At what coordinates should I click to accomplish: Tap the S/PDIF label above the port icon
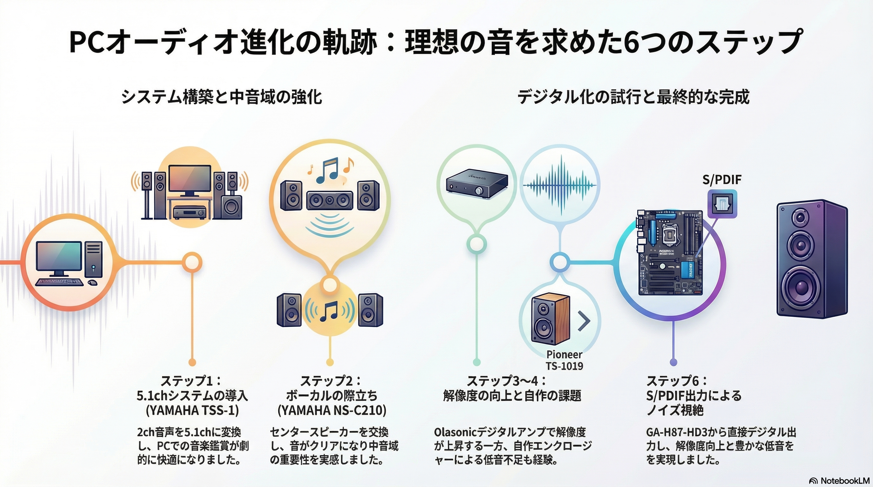[x=721, y=179]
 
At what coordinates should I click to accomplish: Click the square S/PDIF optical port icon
[x=722, y=204]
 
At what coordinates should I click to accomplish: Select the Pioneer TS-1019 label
[x=564, y=360]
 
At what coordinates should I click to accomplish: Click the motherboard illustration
[x=670, y=252]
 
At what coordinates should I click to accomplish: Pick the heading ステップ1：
[x=192, y=381]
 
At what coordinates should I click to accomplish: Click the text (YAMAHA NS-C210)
[x=332, y=411]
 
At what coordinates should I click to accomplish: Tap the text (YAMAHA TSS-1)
[x=192, y=411]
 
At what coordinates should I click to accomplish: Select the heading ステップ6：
[x=677, y=381]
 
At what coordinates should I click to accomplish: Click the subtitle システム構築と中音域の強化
[x=221, y=97]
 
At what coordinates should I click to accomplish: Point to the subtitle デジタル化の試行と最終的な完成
[x=633, y=97]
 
